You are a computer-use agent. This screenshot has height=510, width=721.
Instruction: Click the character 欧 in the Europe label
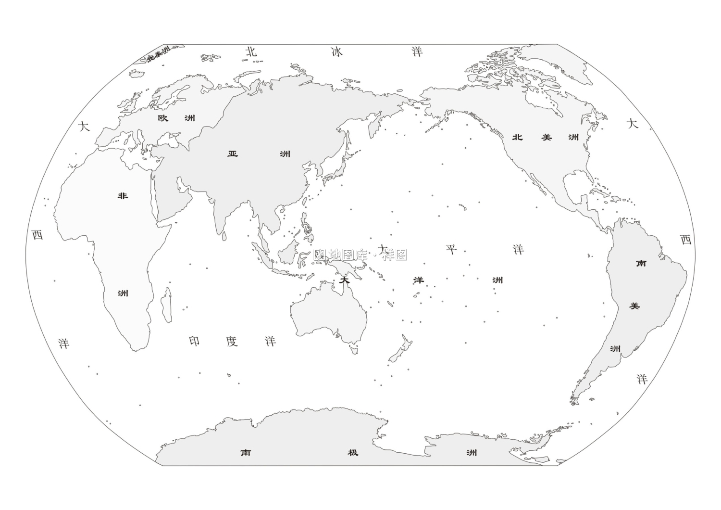coord(163,118)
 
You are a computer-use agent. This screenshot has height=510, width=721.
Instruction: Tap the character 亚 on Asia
coord(233,154)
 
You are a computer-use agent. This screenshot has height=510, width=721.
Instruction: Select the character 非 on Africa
coord(123,196)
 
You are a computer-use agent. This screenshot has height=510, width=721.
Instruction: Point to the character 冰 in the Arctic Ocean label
coord(337,52)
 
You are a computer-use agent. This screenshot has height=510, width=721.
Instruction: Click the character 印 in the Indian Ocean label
coord(194,341)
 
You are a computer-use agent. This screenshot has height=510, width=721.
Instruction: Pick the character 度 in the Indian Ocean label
coord(232,341)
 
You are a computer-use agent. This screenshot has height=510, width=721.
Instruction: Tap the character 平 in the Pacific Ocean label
coord(451,249)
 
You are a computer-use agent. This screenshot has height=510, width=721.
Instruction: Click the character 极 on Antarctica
coord(353,452)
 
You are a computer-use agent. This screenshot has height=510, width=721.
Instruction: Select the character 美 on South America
coord(634,306)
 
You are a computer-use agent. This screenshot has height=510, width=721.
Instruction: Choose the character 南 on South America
coord(641,263)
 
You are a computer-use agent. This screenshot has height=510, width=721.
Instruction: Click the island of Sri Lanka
coord(224,236)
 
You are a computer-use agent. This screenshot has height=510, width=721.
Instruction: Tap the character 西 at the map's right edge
coord(686,239)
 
